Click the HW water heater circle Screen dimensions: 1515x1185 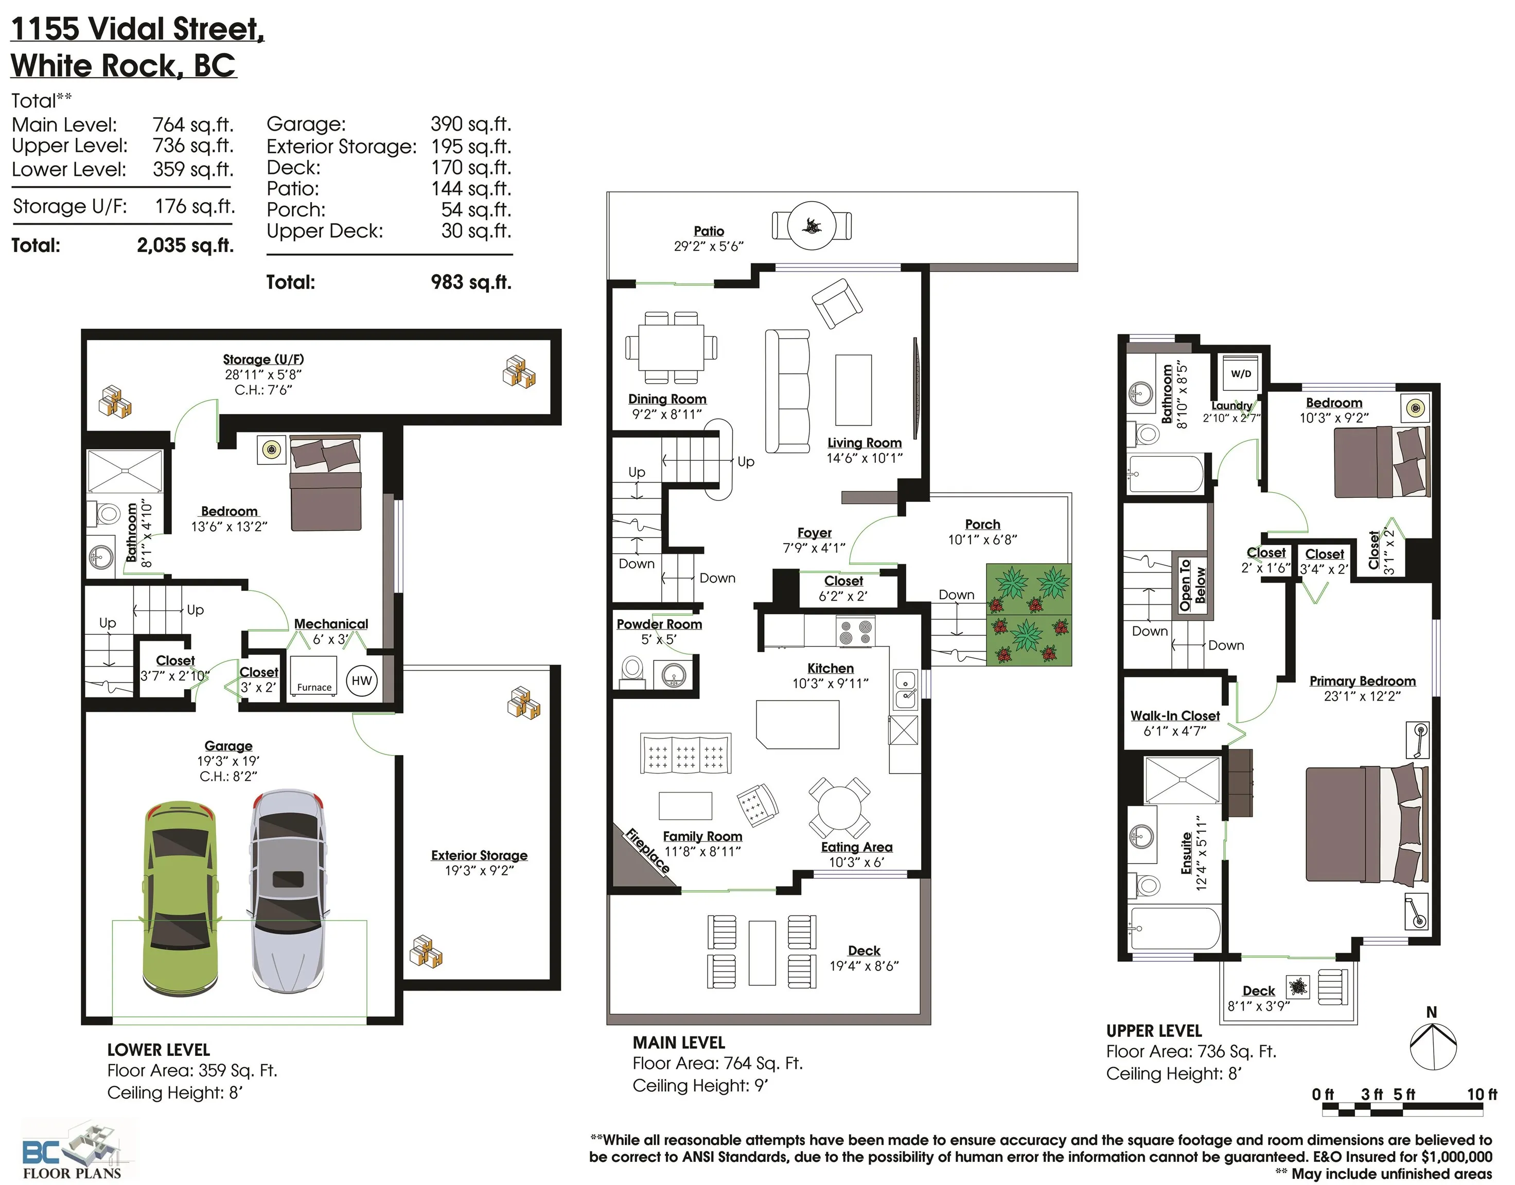point(362,680)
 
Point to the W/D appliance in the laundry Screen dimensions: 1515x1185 point(1242,374)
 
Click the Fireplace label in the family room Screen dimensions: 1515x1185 point(647,851)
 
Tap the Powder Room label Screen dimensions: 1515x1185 point(659,624)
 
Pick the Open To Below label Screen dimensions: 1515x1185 point(1192,585)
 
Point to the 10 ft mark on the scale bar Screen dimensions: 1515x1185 point(1481,1094)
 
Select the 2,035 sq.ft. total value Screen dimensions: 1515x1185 point(185,246)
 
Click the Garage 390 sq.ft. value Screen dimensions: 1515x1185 point(470,124)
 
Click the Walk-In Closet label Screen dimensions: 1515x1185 point(1175,715)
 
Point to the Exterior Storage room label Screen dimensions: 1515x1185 point(479,855)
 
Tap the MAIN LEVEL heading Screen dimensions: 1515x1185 point(679,1042)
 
